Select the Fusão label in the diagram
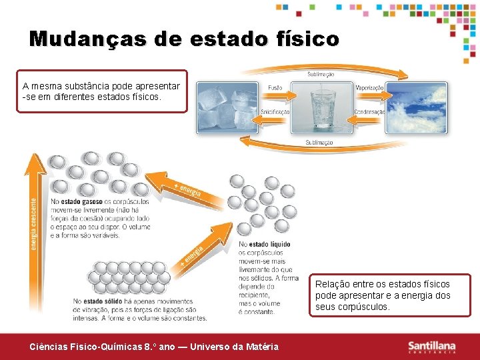click(275, 88)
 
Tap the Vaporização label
click(369, 88)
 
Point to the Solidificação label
click(275, 111)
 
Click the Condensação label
click(369, 111)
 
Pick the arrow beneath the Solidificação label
click(275, 121)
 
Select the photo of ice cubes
click(227, 107)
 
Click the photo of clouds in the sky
click(416, 107)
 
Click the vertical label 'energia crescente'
click(34, 223)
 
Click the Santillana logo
click(431, 347)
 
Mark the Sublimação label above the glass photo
click(321, 74)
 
